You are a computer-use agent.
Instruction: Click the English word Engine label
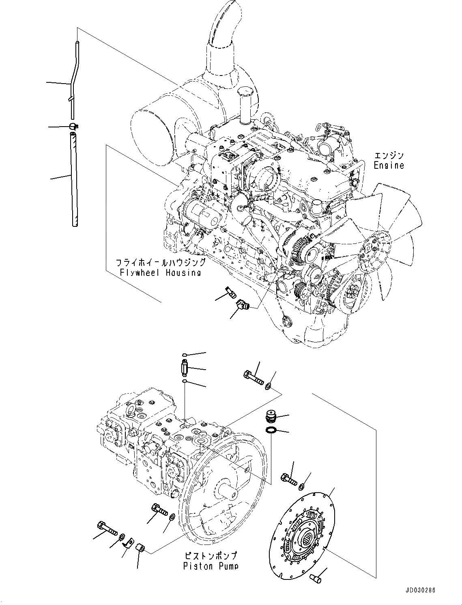pyautogui.click(x=389, y=166)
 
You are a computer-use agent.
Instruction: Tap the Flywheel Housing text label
pyautogui.click(x=160, y=272)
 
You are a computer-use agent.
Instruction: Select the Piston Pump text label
pyautogui.click(x=210, y=566)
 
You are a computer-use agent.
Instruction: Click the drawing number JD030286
pyautogui.click(x=419, y=591)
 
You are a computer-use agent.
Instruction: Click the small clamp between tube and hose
pyautogui.click(x=73, y=127)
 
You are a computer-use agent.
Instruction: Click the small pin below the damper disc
pyautogui.click(x=315, y=578)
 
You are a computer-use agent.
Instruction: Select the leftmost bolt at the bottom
pyautogui.click(x=107, y=529)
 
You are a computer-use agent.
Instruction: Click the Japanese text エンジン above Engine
pyautogui.click(x=389, y=155)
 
